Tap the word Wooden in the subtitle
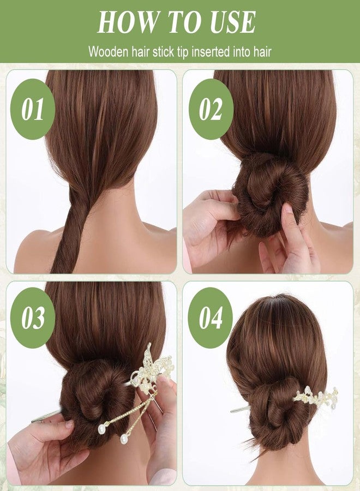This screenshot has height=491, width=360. click(x=106, y=52)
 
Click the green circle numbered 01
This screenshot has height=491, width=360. click(x=33, y=109)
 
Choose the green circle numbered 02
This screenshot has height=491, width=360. click(x=211, y=109)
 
